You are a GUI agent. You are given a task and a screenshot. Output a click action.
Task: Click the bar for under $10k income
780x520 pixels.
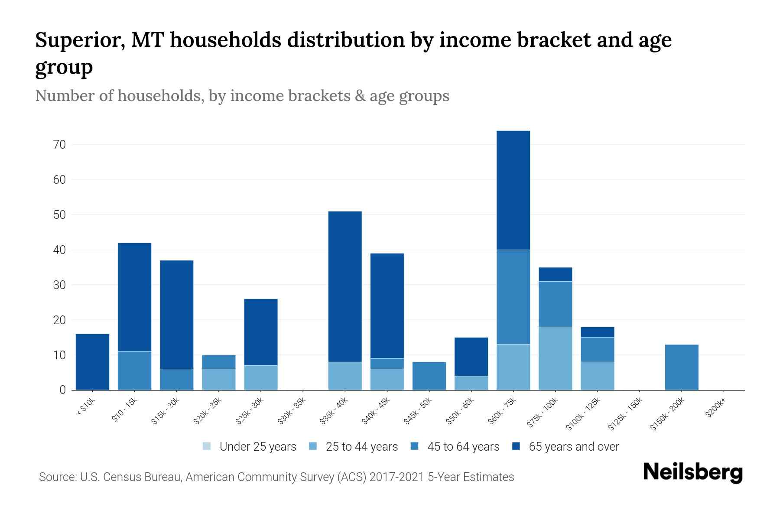[x=92, y=362]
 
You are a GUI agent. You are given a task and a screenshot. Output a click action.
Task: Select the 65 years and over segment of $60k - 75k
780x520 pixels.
[x=513, y=190]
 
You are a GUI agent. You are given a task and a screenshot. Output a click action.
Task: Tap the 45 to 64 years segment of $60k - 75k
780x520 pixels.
[x=513, y=297]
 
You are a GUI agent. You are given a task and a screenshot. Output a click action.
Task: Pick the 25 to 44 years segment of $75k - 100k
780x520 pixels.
[x=555, y=358]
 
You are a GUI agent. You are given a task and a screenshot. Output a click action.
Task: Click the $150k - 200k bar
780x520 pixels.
[x=682, y=367]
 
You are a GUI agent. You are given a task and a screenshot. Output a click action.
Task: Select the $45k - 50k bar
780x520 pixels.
[x=429, y=376]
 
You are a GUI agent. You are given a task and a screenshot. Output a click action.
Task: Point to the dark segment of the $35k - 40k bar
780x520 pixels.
[x=345, y=286]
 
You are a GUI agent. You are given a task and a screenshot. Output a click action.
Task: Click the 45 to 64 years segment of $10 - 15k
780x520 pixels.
[x=134, y=370]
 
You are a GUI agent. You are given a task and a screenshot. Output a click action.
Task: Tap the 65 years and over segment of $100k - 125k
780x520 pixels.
[x=598, y=332]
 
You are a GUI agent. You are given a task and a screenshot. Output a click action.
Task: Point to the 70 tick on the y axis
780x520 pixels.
[x=60, y=145]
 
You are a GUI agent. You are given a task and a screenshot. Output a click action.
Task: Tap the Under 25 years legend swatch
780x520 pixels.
[x=207, y=446]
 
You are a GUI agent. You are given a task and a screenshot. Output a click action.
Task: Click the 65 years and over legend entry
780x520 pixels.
[x=573, y=447]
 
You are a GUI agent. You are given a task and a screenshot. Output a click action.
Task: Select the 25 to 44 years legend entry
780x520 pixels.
[x=361, y=447]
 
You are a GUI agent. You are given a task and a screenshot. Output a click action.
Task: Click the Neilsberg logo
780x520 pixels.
[x=692, y=473]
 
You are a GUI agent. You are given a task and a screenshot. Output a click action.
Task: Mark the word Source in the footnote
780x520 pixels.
[x=56, y=477]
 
